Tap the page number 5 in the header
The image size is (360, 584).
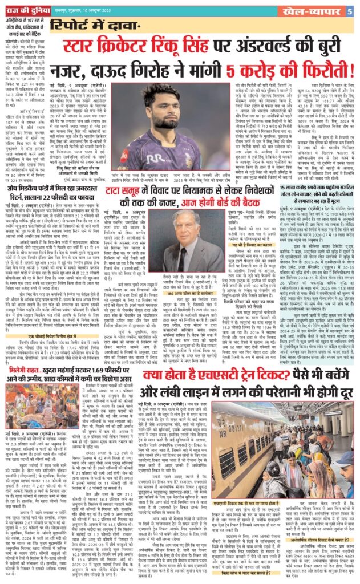click(352, 10)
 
